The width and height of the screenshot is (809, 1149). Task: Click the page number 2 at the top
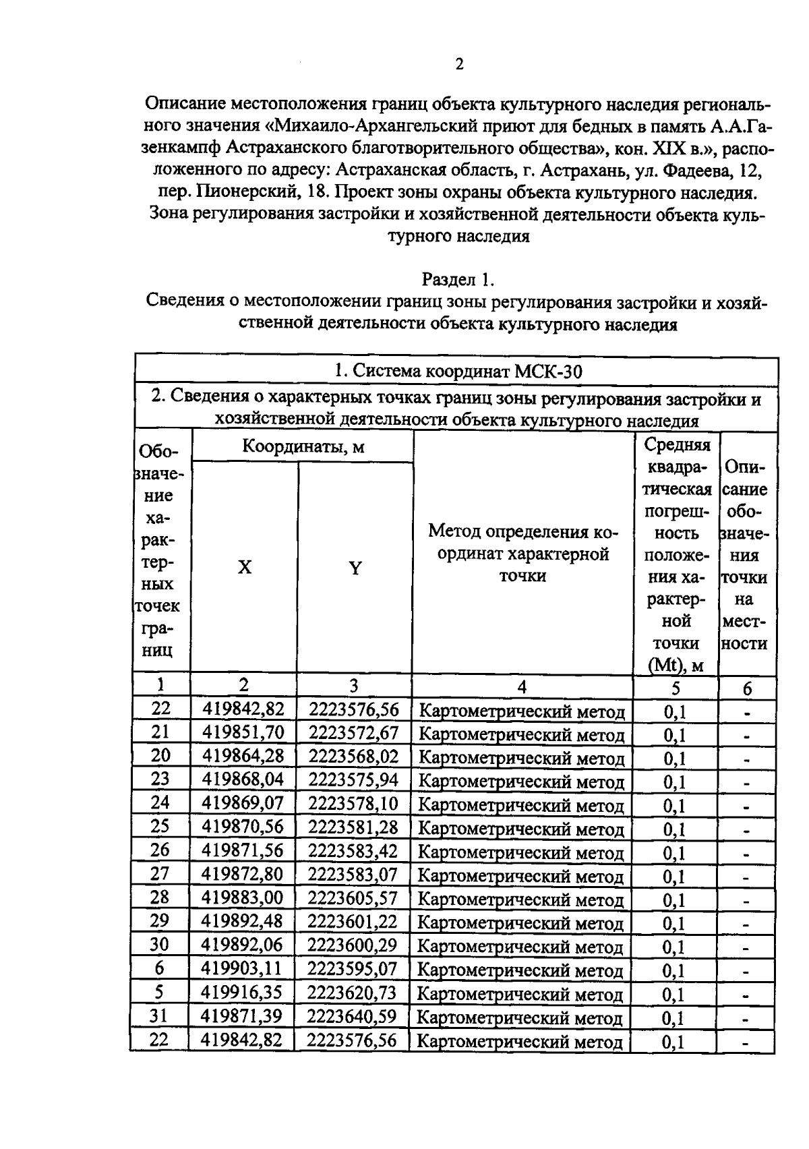coord(459,65)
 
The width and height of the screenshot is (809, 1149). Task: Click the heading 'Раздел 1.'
coord(458,278)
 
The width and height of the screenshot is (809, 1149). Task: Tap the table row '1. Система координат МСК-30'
coord(458,371)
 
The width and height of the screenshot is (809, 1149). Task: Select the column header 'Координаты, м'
coord(303,446)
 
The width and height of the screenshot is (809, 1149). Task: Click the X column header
coord(245,568)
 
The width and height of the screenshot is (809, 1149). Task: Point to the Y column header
coord(355,568)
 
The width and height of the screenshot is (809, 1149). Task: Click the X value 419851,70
coord(243,733)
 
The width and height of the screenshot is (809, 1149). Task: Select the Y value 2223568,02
coord(354,757)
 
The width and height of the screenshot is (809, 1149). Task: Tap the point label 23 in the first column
coord(160,780)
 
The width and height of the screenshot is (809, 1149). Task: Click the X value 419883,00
coord(243,898)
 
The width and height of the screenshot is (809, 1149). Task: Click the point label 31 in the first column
coord(159,1016)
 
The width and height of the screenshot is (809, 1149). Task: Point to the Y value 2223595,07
coord(353,969)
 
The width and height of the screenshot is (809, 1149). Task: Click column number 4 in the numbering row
coord(522,686)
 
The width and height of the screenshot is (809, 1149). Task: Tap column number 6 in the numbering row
coord(747,688)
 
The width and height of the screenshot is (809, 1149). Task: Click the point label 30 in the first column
coord(159,945)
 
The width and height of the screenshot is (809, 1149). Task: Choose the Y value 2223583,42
coord(353,851)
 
